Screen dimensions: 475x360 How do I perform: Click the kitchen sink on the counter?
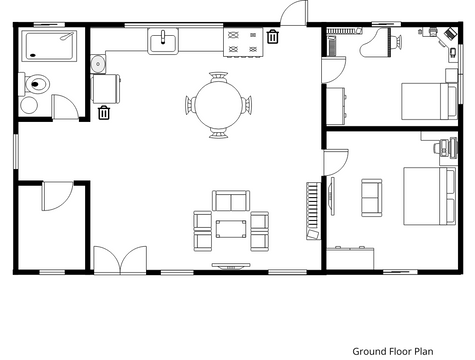click(163, 41)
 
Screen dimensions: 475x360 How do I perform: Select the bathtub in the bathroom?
click(49, 46)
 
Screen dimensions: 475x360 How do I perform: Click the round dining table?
click(218, 105)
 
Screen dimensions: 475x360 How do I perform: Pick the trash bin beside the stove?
click(273, 36)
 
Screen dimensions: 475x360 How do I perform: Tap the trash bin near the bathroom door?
click(104, 112)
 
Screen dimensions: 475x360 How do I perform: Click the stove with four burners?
click(243, 42)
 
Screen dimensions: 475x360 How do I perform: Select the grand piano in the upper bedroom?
click(376, 43)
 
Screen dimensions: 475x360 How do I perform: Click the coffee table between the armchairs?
click(231, 229)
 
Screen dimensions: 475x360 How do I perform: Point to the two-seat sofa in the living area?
click(231, 201)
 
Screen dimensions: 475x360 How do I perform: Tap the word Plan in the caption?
click(424, 351)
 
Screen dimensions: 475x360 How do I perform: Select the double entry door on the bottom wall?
click(120, 260)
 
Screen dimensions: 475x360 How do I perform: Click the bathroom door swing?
click(65, 106)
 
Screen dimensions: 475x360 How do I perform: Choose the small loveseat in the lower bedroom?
click(372, 198)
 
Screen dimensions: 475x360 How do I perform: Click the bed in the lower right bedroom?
click(430, 196)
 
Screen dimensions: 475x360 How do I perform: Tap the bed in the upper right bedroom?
click(429, 101)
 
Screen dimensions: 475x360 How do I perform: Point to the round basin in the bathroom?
click(29, 105)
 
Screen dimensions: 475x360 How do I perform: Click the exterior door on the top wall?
click(294, 13)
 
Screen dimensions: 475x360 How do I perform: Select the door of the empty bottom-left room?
click(57, 196)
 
